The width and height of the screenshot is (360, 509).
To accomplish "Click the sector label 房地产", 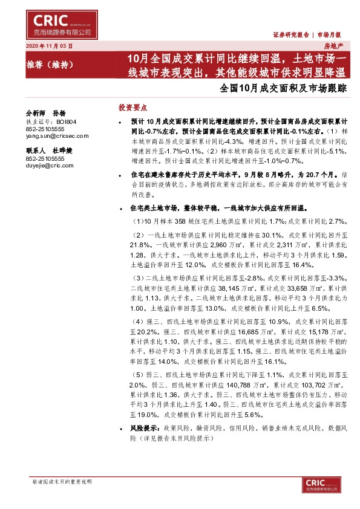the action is [333, 46].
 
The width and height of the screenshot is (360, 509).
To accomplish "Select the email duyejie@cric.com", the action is [50, 165].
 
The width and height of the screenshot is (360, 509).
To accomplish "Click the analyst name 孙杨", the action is [59, 113].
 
